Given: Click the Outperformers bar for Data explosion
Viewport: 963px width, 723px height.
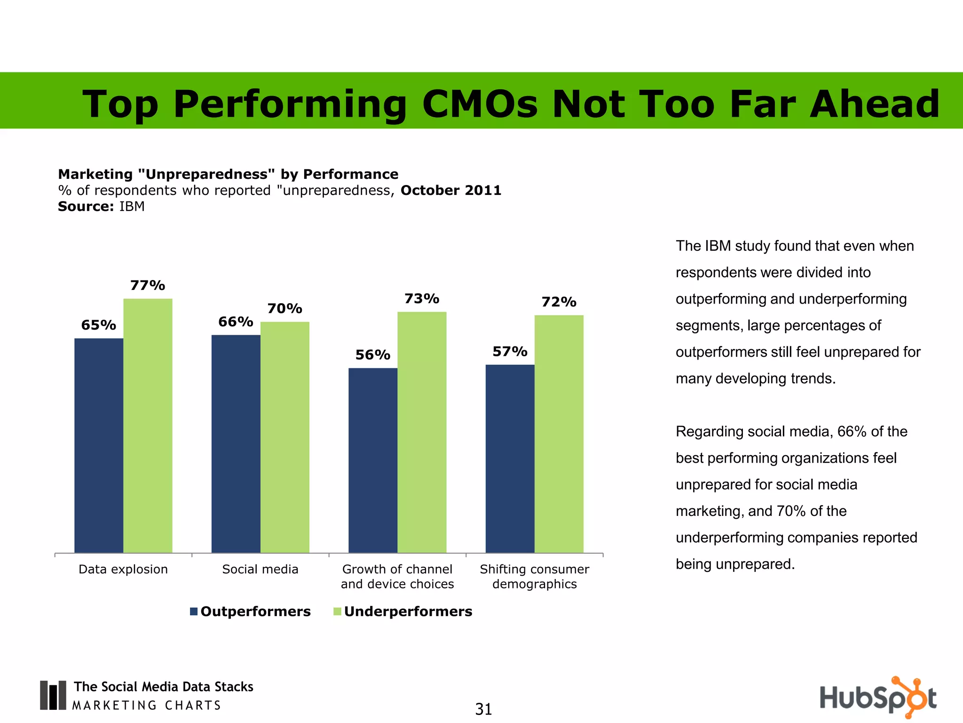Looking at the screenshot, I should pos(99,445).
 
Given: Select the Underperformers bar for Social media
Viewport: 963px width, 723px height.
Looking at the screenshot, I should pos(285,437).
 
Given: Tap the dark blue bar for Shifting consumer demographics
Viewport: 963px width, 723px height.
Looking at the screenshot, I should pos(510,458).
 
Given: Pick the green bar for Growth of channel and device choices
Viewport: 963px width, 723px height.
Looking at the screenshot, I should pos(422,432).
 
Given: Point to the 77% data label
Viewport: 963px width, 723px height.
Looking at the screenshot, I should pos(148,286).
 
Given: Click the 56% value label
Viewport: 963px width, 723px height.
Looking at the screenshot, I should pos(373,355).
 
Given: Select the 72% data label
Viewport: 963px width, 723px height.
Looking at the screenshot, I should pos(559,302).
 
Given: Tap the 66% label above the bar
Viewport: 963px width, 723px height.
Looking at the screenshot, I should pos(236,322).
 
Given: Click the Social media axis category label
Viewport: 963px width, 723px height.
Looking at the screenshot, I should pos(260,570).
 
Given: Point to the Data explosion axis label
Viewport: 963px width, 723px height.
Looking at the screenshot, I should pos(123,570).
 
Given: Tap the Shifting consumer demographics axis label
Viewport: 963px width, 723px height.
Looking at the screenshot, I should pos(534,577).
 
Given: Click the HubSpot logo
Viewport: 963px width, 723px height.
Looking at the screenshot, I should pos(878,698).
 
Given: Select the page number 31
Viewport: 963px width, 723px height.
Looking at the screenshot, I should pos(483,709).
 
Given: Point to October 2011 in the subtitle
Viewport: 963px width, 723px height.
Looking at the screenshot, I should pos(451,190).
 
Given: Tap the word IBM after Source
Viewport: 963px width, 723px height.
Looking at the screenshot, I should pos(132,207).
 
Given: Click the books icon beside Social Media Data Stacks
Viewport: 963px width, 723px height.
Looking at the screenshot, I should pos(53,695).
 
